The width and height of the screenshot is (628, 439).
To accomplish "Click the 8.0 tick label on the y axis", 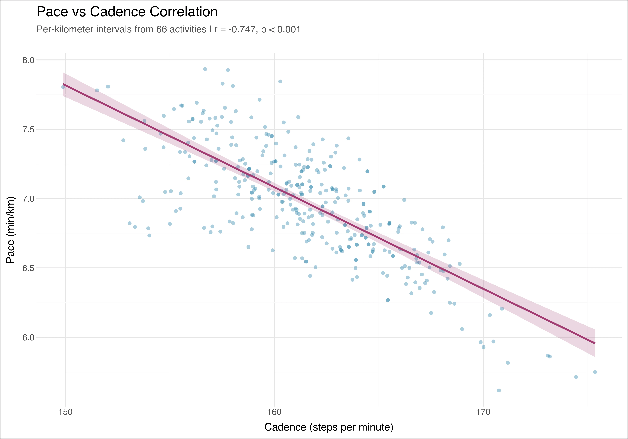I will (x=28, y=60).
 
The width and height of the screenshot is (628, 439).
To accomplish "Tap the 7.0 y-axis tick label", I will (x=28, y=199).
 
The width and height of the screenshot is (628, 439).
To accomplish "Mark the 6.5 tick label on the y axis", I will (x=28, y=268).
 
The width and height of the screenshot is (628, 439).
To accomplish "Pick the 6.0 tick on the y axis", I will (x=28, y=337).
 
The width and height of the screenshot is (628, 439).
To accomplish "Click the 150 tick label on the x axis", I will (x=66, y=412).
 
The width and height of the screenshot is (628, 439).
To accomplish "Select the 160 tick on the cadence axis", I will (x=274, y=412).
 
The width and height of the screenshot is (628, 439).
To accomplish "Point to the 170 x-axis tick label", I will (x=483, y=412).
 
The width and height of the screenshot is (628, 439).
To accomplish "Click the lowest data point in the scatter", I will (x=499, y=390).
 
